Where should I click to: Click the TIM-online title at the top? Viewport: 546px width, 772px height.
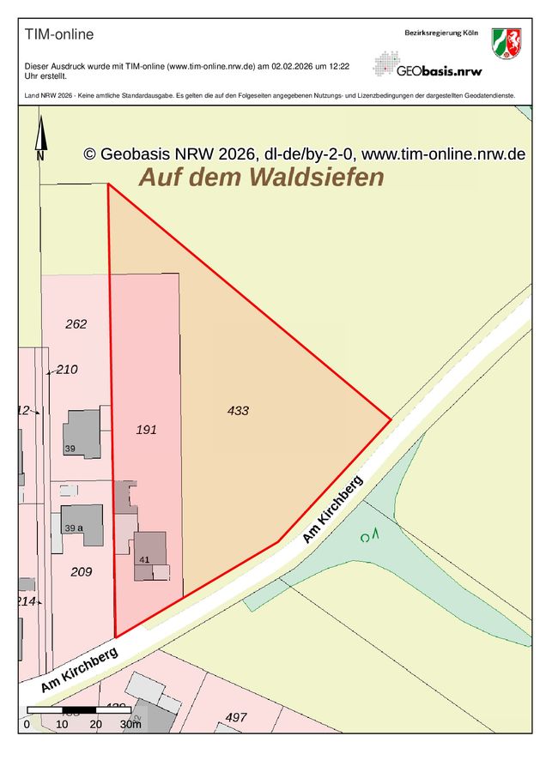pyautogui.click(x=59, y=35)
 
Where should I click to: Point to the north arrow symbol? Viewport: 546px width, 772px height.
pyautogui.click(x=39, y=137)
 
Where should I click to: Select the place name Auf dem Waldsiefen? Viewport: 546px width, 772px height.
pyautogui.click(x=261, y=178)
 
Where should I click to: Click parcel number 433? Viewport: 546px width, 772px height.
pyautogui.click(x=238, y=411)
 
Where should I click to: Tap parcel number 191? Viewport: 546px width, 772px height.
pyautogui.click(x=147, y=430)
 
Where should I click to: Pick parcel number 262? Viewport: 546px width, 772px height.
pyautogui.click(x=76, y=324)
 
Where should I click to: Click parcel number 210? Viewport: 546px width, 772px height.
pyautogui.click(x=67, y=370)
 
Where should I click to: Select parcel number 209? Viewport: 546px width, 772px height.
pyautogui.click(x=81, y=571)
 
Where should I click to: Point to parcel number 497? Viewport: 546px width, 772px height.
pyautogui.click(x=236, y=717)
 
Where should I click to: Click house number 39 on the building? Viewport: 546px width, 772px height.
pyautogui.click(x=70, y=449)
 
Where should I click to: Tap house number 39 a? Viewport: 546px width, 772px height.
pyautogui.click(x=74, y=528)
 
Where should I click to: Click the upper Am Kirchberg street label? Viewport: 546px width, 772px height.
pyautogui.click(x=333, y=510)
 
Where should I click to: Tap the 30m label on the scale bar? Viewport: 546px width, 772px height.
pyautogui.click(x=130, y=725)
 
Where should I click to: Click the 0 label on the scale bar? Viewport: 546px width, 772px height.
pyautogui.click(x=27, y=725)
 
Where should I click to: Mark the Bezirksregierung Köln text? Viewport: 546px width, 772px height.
pyautogui.click(x=440, y=32)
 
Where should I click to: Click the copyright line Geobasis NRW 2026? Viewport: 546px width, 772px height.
pyautogui.click(x=304, y=154)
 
